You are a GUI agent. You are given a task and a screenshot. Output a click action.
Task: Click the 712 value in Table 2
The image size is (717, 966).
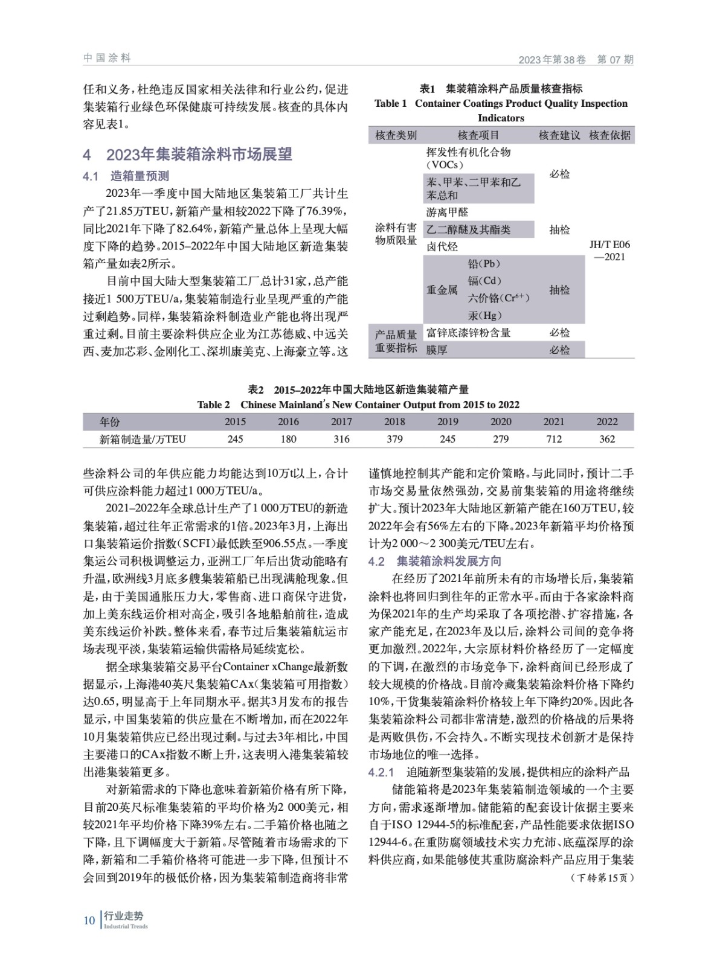[553, 439]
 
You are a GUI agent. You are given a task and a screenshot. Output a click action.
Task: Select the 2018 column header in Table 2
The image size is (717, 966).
[394, 421]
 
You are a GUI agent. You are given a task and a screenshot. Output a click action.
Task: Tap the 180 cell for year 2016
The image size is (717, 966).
[288, 439]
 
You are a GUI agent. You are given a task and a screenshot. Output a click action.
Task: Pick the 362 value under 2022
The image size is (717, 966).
[607, 439]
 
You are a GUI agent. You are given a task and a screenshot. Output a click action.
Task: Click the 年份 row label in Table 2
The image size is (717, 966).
[110, 421]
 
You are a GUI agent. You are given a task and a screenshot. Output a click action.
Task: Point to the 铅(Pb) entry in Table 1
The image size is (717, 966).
[484, 264]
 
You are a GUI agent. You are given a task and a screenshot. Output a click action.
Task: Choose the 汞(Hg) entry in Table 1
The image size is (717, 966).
[484, 315]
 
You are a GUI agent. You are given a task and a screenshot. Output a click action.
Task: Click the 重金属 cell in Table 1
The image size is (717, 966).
[442, 290]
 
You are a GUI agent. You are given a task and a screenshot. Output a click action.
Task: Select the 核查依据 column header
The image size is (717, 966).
[609, 135]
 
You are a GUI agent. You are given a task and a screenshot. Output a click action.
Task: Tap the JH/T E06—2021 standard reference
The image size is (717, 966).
[609, 251]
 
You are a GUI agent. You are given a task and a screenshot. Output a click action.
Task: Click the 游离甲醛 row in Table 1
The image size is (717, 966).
[448, 213]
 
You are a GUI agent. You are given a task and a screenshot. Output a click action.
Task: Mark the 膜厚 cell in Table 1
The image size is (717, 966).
[437, 350]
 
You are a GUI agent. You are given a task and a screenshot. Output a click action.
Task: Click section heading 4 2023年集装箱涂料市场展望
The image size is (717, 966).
[187, 155]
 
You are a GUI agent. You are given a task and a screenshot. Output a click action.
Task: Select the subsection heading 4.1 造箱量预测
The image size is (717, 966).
[126, 176]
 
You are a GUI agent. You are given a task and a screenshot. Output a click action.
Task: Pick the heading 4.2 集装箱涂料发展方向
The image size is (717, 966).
[435, 561]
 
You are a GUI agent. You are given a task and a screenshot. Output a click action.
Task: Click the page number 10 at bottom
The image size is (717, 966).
[89, 920]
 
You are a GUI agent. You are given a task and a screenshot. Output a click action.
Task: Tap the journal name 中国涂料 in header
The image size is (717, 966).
[107, 58]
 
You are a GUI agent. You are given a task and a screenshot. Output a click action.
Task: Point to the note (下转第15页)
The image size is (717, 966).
[602, 877]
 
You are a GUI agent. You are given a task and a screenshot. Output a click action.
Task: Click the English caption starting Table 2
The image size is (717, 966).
[358, 405]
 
